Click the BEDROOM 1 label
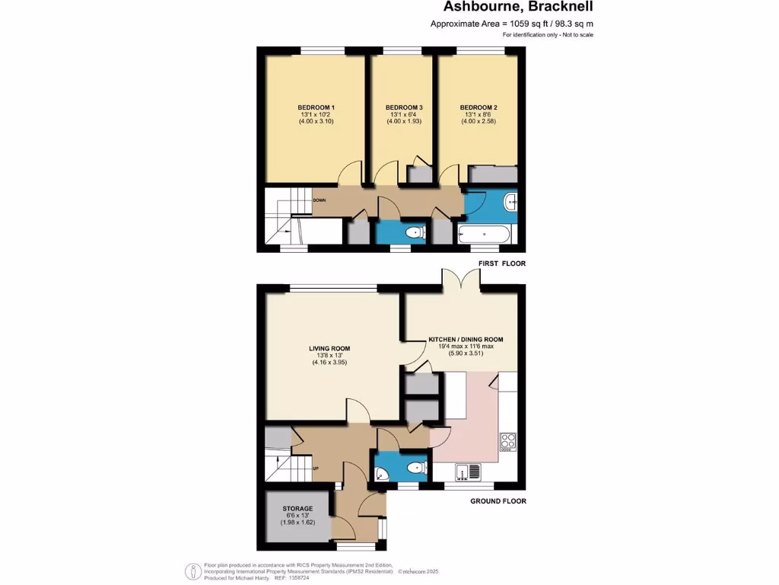[x=316, y=107]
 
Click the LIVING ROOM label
[x=329, y=349]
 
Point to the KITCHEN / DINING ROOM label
[x=466, y=339]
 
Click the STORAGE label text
[x=297, y=508]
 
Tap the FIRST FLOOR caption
[x=501, y=264]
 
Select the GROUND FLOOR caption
[x=498, y=501]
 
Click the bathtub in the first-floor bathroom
[x=485, y=234]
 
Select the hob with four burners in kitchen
[x=507, y=441]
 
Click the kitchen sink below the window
[x=469, y=472]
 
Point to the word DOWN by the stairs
[x=320, y=200]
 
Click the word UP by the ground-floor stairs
[x=315, y=468]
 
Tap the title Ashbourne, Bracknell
[x=519, y=8]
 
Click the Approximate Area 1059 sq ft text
[x=512, y=24]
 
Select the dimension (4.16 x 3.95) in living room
[x=329, y=363]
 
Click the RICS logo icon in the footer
[x=194, y=571]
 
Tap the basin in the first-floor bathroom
[x=510, y=202]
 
